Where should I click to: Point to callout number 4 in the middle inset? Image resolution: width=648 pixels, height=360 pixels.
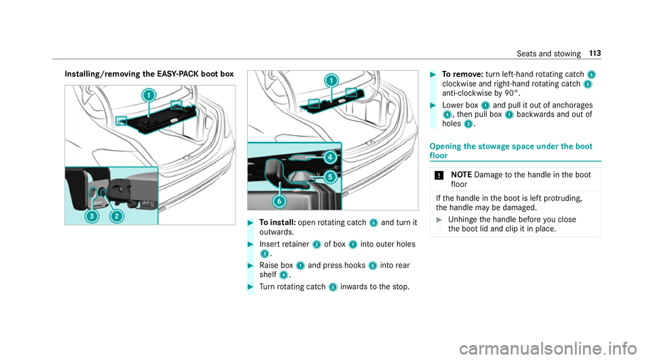(330, 157)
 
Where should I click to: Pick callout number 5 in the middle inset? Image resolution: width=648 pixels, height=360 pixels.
(330, 178)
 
